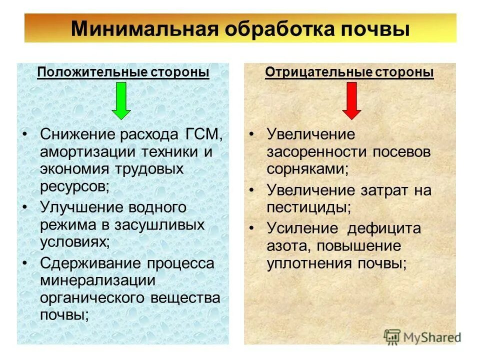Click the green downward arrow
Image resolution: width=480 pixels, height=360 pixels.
pos(120,100)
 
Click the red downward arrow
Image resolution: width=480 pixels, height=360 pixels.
pos(351,100)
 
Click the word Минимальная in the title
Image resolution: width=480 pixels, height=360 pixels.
pos(144,29)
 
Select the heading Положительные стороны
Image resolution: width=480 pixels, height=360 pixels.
pos(123,72)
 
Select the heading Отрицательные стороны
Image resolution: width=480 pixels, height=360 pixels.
pos(349,72)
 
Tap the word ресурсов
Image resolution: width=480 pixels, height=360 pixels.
pos(73,187)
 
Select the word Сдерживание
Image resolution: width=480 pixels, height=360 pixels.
pos(90,263)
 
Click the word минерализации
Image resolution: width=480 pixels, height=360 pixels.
pos(97,280)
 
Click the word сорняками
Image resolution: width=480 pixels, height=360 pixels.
pos(307,168)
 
